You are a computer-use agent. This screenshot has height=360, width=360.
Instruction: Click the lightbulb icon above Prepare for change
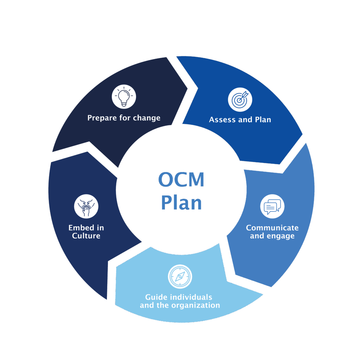coord(124,96)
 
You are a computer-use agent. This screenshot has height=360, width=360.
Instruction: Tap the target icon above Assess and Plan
coord(240,99)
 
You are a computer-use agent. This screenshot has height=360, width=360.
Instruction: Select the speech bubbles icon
coord(272,206)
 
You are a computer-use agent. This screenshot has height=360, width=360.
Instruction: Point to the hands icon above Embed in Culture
coord(86,206)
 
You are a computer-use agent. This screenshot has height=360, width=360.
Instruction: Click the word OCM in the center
coord(181,180)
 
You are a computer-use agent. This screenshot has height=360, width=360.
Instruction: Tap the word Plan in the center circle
coord(181,203)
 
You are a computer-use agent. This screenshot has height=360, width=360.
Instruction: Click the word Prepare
coord(102,118)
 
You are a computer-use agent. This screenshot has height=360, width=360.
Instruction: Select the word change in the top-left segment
coord(147,118)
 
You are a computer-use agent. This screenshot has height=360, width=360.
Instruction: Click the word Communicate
coord(272,228)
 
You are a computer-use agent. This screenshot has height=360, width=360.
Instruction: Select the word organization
coord(195,306)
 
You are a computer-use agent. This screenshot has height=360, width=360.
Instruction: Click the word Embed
coord(81,228)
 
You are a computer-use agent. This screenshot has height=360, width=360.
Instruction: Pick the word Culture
coord(86,236)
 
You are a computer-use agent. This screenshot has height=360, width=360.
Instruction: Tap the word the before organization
coord(163,306)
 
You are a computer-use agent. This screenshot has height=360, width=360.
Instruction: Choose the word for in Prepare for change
coord(125,118)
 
